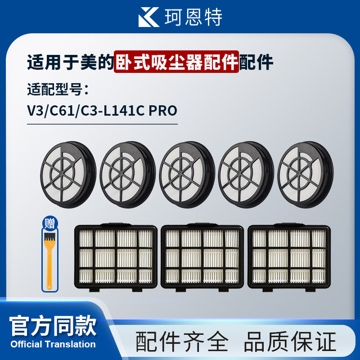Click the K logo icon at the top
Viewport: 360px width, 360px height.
(x=149, y=18)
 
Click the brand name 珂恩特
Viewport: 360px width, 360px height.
(x=193, y=18)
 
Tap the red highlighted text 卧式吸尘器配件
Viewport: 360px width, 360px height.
(x=177, y=62)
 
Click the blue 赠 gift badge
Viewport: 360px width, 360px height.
(x=49, y=223)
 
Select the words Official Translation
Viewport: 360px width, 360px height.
(x=53, y=344)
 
